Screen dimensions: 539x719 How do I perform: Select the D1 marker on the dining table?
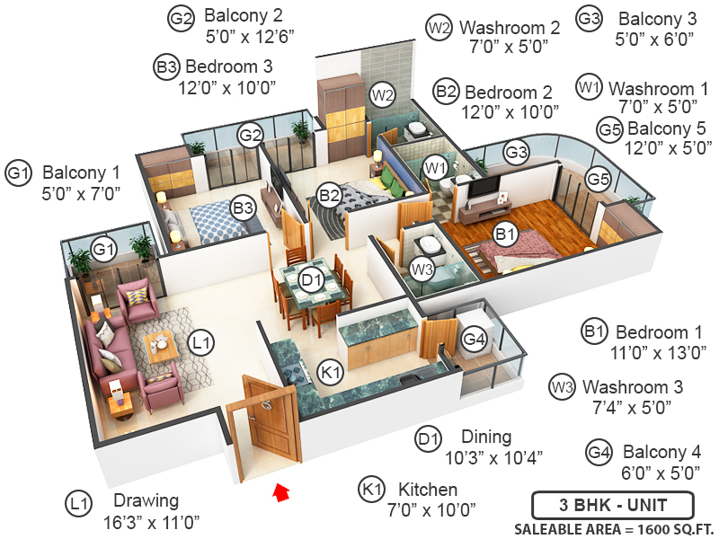click(x=311, y=280)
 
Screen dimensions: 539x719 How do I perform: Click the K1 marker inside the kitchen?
click(x=332, y=371)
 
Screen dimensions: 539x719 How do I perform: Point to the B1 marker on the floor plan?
click(x=505, y=234)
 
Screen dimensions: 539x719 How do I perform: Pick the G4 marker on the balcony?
click(x=474, y=339)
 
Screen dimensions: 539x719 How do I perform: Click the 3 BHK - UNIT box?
click(x=612, y=505)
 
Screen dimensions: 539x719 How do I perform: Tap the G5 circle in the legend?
click(x=610, y=130)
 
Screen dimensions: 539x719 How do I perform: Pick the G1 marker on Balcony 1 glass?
click(x=105, y=248)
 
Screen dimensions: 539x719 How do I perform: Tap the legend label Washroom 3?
click(x=632, y=387)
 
